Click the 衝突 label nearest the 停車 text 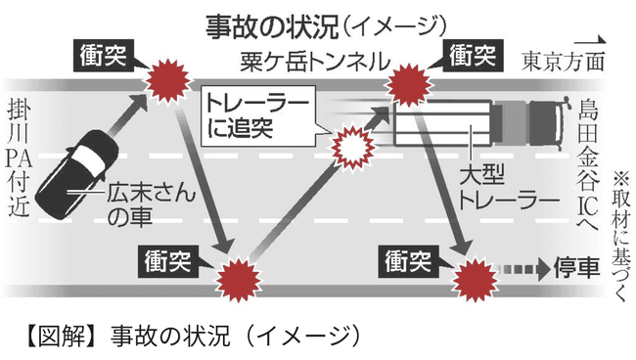point(410,260)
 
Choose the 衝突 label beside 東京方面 point(474,55)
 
